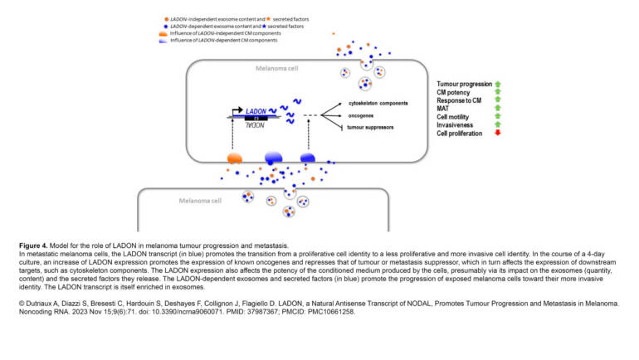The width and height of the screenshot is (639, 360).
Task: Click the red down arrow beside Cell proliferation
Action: click(497, 133)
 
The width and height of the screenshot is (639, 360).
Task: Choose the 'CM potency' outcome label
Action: click(454, 93)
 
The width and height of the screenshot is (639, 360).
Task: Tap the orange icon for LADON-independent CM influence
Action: click(163, 33)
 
